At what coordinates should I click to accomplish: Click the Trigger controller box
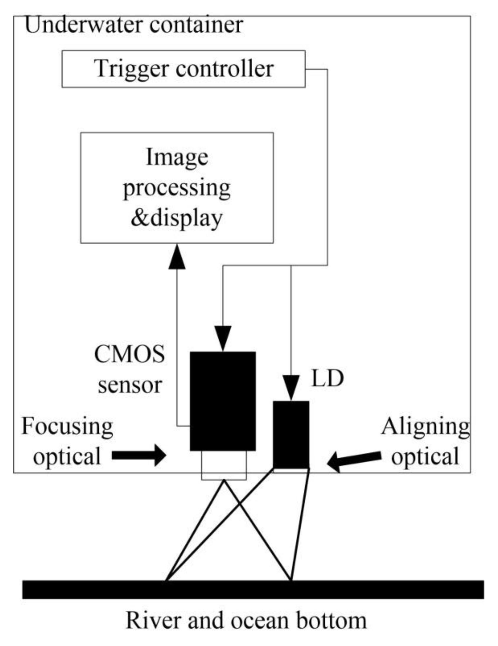[x=183, y=69]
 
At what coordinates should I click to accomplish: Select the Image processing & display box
[x=177, y=188]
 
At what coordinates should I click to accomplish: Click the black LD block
[x=291, y=435]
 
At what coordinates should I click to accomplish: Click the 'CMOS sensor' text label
[x=130, y=370]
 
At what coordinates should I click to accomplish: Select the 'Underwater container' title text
[x=134, y=25]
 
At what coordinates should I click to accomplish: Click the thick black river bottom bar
[x=253, y=590]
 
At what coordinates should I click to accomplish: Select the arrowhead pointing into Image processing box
[x=177, y=257]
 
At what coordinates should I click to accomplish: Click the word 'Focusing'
[x=67, y=427]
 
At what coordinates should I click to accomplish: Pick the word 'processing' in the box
[x=177, y=188]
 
